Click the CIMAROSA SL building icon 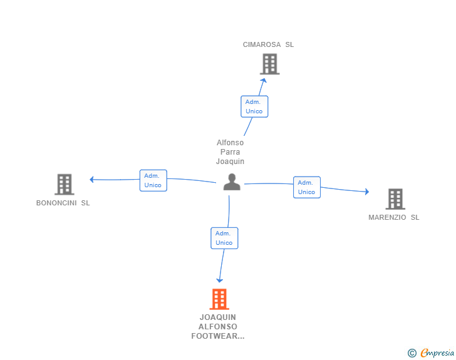click(269, 64)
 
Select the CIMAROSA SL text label click(268, 44)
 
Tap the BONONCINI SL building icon click(64, 184)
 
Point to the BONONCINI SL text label click(63, 203)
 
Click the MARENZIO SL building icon click(395, 198)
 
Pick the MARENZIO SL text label click(394, 217)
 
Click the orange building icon click(219, 299)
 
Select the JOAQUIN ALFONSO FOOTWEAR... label click(218, 327)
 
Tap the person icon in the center click(232, 182)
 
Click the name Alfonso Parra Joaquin click(230, 152)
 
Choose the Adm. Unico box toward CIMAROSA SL click(254, 106)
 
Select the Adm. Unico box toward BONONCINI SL click(153, 180)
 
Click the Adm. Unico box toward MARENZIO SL click(306, 187)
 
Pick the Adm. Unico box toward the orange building click(224, 238)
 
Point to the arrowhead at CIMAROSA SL click(264, 80)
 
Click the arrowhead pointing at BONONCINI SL click(92, 180)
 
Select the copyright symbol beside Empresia click(412, 353)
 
